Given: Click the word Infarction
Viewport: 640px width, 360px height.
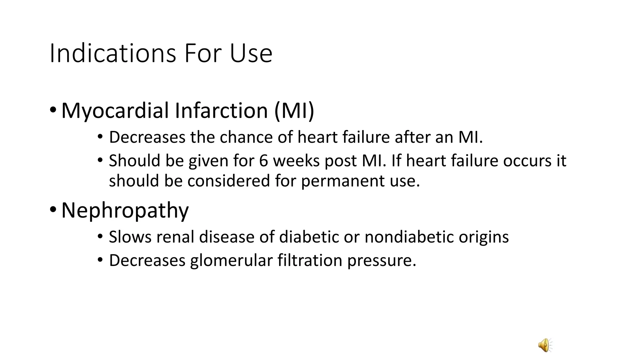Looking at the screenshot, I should pyautogui.click(x=221, y=111).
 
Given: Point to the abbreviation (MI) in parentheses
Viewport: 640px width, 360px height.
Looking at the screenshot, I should pyautogui.click(x=294, y=111).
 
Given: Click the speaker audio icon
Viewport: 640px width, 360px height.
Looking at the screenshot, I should pyautogui.click(x=545, y=345).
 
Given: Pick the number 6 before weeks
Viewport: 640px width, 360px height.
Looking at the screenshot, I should pyautogui.click(x=263, y=161).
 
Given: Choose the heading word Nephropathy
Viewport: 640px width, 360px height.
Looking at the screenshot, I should pyautogui.click(x=125, y=210).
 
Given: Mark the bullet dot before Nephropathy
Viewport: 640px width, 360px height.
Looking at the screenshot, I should pyautogui.click(x=53, y=209).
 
